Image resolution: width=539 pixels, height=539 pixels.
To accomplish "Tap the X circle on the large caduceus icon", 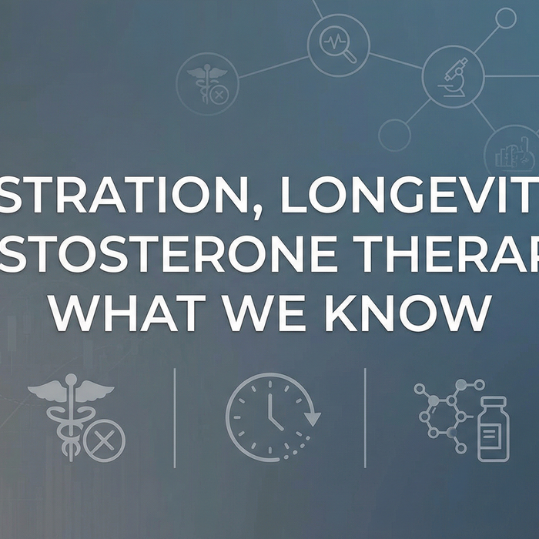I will (x=104, y=441).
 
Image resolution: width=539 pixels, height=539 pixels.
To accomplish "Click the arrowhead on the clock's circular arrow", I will (x=312, y=420).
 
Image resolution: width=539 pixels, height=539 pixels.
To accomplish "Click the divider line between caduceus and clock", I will (x=175, y=417).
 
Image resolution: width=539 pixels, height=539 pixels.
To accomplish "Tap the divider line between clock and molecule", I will (x=365, y=417).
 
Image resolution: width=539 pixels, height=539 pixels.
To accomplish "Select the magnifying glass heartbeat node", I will (x=338, y=46).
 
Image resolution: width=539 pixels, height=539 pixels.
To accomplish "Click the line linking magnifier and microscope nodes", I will (x=395, y=61).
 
